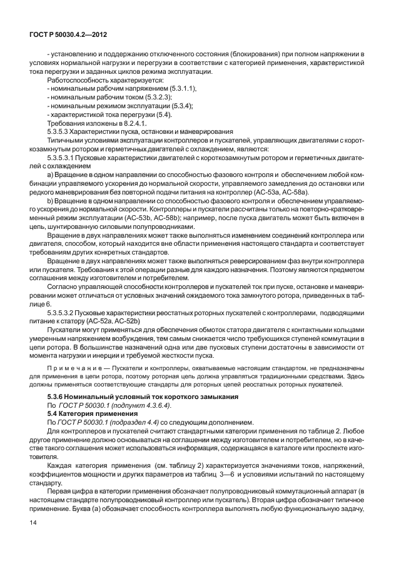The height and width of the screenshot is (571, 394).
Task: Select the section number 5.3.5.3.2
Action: click(x=62, y=311)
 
